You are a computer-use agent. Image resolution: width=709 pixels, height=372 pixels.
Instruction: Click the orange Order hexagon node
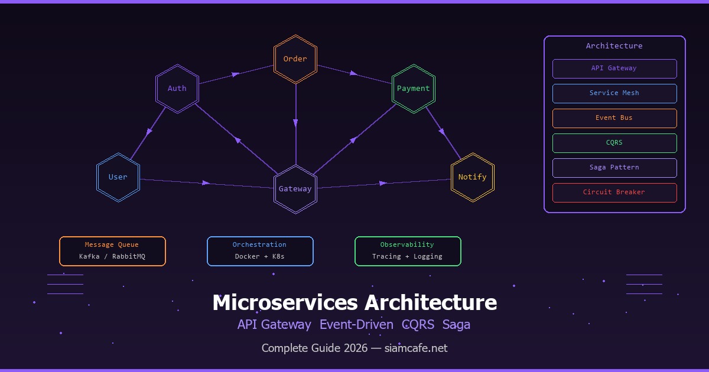tap(295, 59)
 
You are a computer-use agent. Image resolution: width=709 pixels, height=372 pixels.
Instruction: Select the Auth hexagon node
tap(177, 89)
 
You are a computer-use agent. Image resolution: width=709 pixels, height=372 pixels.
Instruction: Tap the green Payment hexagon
tap(414, 89)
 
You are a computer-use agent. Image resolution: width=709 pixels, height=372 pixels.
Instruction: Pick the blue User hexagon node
tap(118, 177)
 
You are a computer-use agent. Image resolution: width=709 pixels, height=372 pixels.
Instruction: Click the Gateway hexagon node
tap(295, 189)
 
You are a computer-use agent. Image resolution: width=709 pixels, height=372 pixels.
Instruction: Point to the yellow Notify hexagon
tap(473, 177)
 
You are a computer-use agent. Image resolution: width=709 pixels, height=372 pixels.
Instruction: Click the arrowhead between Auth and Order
tap(236, 74)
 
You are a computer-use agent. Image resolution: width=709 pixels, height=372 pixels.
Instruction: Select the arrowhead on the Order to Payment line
tap(354, 74)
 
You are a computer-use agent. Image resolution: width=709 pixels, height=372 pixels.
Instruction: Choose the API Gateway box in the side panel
tap(614, 68)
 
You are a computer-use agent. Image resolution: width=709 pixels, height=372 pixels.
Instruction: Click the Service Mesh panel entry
tap(614, 93)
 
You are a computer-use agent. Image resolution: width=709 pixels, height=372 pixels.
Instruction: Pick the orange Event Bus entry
tap(614, 118)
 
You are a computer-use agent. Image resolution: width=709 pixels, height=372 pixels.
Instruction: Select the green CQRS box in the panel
tap(614, 143)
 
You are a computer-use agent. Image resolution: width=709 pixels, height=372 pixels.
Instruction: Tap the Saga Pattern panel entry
tap(614, 168)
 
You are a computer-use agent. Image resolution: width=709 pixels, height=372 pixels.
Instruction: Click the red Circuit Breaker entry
tap(614, 192)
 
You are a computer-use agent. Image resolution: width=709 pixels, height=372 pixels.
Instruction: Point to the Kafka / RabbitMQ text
tap(112, 257)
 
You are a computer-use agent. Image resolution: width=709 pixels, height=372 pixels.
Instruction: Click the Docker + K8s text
tap(260, 257)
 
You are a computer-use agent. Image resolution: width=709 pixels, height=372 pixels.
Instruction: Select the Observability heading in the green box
tap(408, 244)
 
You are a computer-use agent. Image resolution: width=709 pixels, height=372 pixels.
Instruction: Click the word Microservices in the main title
tap(285, 302)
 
